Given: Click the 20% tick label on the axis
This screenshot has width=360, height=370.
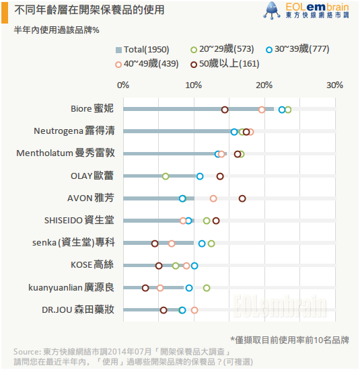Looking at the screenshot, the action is (x=264, y=85).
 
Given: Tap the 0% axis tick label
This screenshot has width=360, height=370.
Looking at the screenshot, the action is (x=123, y=85).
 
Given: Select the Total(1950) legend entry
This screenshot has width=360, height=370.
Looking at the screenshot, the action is (x=143, y=50).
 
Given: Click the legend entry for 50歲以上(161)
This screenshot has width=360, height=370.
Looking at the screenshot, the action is (x=225, y=64).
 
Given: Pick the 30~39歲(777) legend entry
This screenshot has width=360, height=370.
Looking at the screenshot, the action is (x=297, y=49).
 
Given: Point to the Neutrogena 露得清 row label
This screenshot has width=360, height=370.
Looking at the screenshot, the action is (x=74, y=131).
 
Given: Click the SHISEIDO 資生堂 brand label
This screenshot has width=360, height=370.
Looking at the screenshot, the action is (x=79, y=220).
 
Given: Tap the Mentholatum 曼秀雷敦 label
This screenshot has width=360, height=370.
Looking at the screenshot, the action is (x=65, y=153).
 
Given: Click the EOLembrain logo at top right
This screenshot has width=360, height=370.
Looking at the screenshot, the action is (x=306, y=10).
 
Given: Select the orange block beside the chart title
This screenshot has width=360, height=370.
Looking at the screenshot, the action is (x=5, y=13).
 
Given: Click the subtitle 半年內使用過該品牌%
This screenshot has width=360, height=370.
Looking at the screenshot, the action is (x=57, y=30).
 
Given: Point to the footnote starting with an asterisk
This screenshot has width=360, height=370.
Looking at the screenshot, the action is (x=289, y=340).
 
